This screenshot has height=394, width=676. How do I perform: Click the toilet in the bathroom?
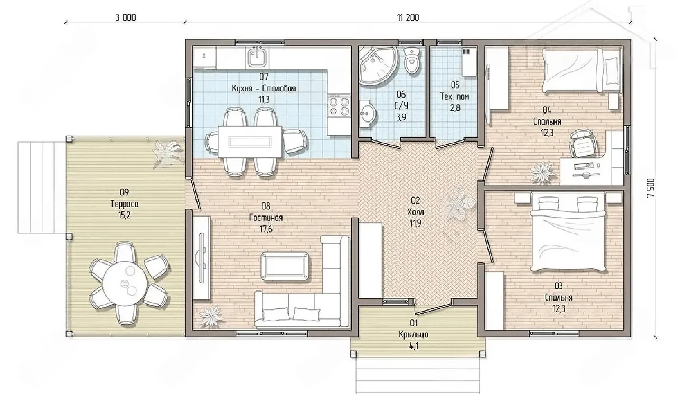click(412, 61)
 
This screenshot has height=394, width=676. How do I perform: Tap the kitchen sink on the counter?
click(257, 58)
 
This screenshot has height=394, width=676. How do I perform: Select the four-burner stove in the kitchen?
click(339, 106)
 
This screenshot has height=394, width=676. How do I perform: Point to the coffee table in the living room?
click(285, 266)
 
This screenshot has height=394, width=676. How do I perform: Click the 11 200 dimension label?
click(408, 18)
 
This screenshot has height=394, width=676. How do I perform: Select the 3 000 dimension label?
click(126, 18)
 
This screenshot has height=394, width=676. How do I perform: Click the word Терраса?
click(125, 204)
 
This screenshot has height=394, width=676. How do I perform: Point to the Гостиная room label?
click(266, 218)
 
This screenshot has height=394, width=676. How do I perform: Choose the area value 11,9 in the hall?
click(416, 223)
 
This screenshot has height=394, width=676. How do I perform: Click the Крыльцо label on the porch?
click(414, 334)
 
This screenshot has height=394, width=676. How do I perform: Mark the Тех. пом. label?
click(455, 97)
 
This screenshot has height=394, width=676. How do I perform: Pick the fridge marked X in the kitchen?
click(204, 57)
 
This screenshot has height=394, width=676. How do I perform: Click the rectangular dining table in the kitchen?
click(250, 142)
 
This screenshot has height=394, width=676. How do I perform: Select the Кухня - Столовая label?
click(264, 88)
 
